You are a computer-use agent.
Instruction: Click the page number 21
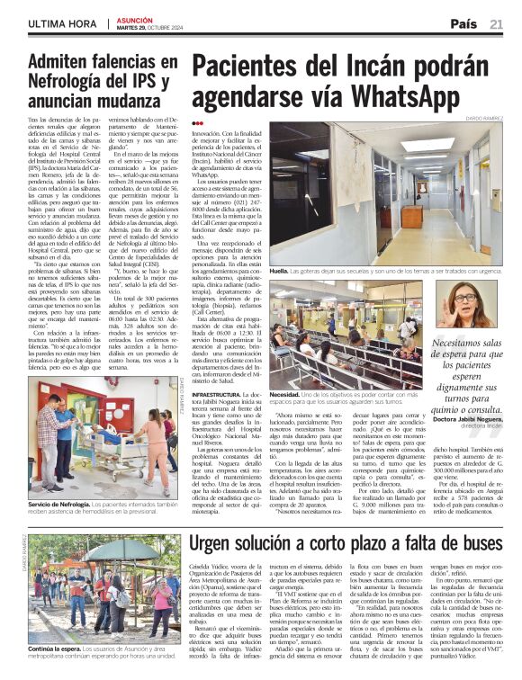pyautogui.click(x=496, y=23)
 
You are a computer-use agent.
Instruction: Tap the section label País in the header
pyautogui.click(x=464, y=23)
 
